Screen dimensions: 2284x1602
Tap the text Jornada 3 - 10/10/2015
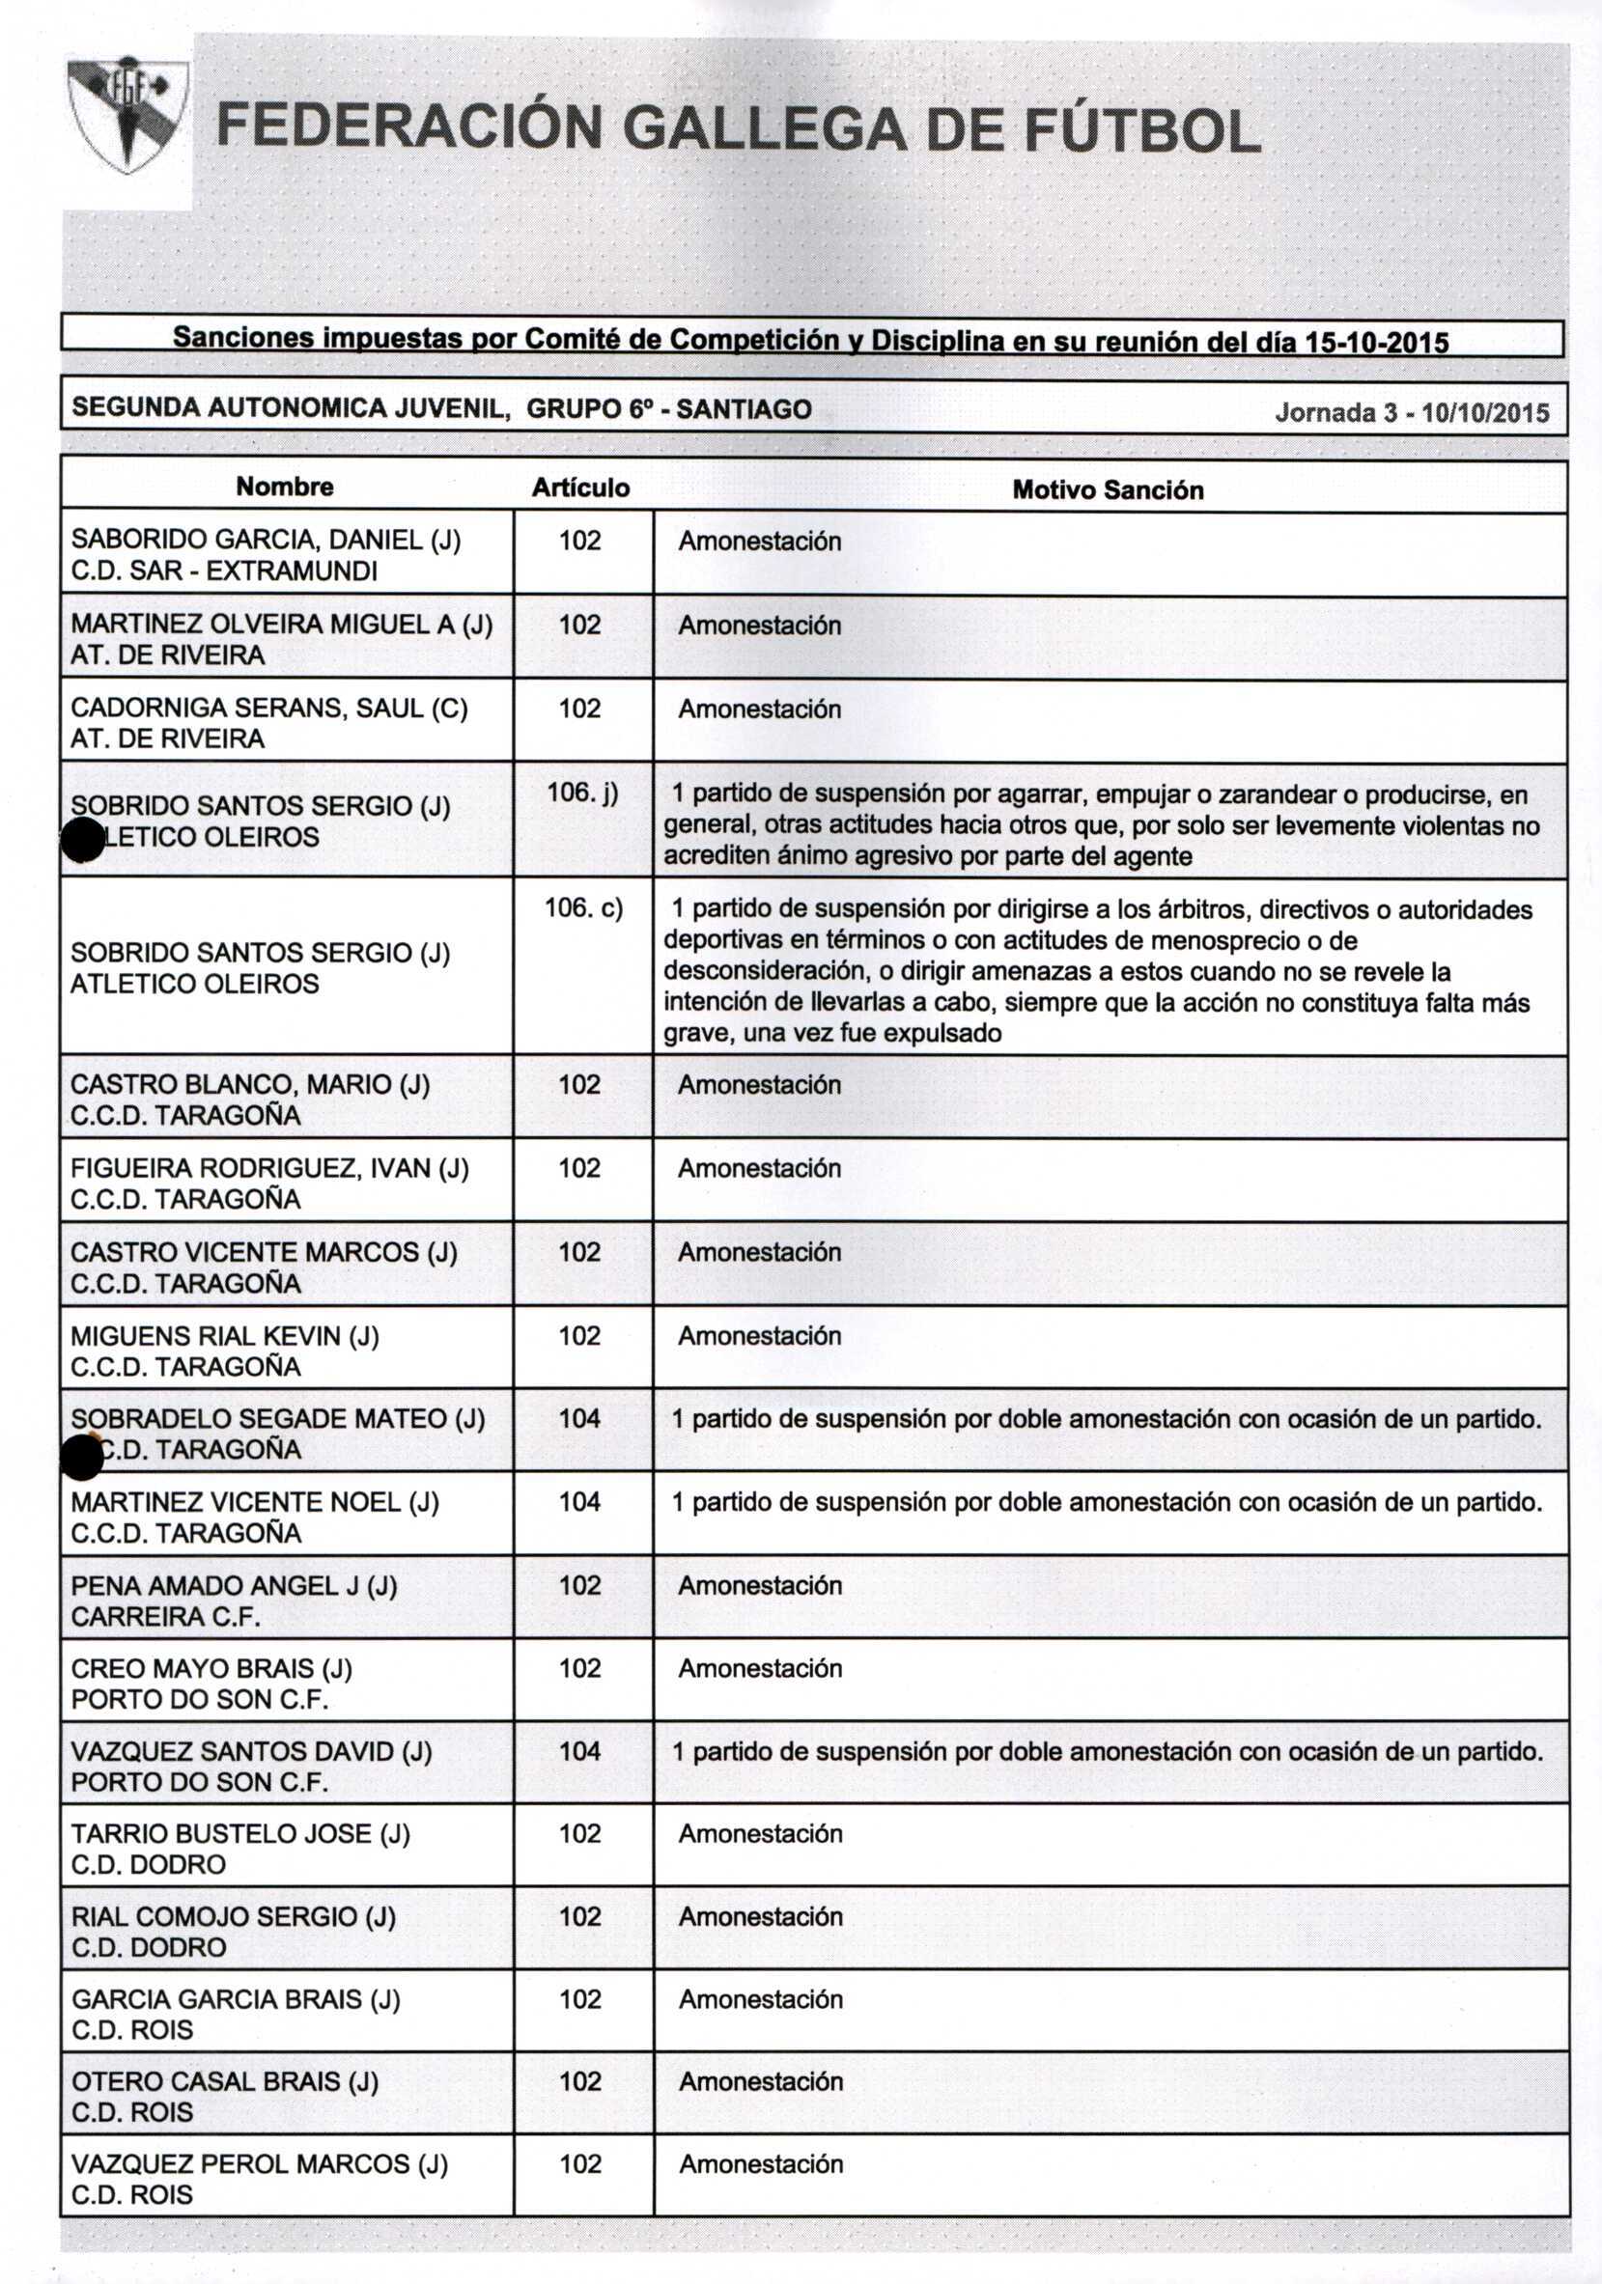1411,413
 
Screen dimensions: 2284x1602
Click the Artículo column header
580,487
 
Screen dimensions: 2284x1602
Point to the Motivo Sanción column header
1108,489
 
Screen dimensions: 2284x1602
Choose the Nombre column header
285,487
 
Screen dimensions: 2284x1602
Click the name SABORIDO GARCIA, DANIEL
266,541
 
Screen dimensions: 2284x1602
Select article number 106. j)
582,793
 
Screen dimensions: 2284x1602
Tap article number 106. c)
583,907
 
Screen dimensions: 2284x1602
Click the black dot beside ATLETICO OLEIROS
81,842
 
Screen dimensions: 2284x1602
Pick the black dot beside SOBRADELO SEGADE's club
81,1459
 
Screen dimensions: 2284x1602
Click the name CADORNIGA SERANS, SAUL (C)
268,709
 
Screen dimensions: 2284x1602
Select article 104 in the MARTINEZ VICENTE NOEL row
579,1501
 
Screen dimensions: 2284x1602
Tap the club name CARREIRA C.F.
165,1617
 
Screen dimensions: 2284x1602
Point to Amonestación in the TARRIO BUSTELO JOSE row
760,1833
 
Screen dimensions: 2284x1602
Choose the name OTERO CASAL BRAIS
225,2081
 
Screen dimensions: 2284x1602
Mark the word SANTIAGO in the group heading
744,409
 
